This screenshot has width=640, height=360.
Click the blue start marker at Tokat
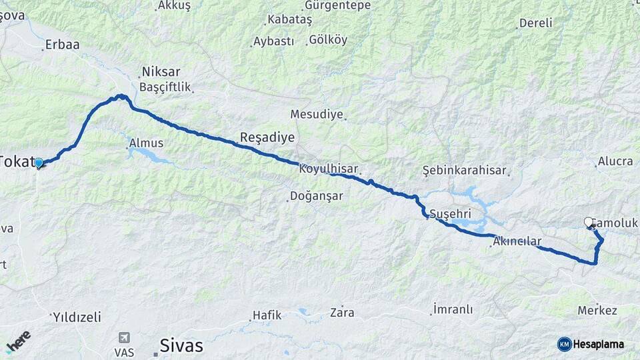click(x=39, y=163)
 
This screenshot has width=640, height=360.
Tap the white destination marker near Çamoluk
click(x=589, y=222)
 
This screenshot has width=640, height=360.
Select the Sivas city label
click(x=181, y=345)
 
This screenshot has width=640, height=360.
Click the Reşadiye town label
click(x=267, y=138)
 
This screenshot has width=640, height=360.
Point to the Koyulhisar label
click(x=329, y=169)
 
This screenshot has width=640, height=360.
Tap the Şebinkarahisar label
click(x=465, y=171)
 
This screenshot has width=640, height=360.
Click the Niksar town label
click(x=161, y=72)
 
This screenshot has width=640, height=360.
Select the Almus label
click(x=146, y=143)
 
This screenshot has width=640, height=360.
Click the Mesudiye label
click(x=317, y=114)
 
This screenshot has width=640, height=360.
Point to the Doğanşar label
click(x=316, y=197)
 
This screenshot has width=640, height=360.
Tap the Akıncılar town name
click(x=517, y=241)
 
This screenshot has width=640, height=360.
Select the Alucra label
click(x=615, y=161)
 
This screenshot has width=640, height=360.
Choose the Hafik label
click(x=267, y=315)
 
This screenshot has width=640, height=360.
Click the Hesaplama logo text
click(x=599, y=344)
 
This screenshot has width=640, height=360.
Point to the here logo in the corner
click(x=19, y=341)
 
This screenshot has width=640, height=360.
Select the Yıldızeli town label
click(x=77, y=317)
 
